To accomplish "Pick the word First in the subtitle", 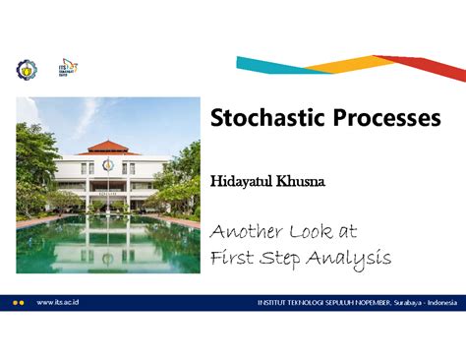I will coord(233,258).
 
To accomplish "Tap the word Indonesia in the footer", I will coord(437,303).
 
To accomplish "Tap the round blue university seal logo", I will coord(25,69).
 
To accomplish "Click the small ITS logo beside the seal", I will coord(69,68).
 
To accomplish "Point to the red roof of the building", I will coord(108,148).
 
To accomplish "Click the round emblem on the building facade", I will coord(108,165).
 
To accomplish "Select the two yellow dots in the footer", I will coord(18,303).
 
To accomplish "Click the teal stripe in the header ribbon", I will coord(270,65).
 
